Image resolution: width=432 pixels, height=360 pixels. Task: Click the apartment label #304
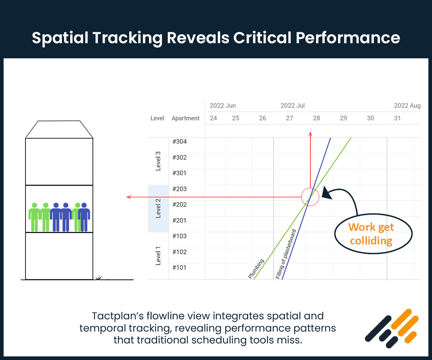coord(179,141)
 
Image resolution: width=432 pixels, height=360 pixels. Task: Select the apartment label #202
coord(179,204)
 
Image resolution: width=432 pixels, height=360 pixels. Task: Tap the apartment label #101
coord(179,267)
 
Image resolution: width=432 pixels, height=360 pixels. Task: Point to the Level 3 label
coord(158,161)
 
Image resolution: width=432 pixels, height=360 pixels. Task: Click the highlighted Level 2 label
coord(158,208)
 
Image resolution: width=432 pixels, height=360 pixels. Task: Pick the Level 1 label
coord(158,256)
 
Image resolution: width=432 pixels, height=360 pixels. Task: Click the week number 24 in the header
coord(213,118)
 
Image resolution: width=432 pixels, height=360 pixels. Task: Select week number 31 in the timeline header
coord(397,118)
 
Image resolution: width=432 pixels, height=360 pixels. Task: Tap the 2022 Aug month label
coord(407,105)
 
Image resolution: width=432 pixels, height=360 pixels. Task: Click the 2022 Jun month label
coord(223,105)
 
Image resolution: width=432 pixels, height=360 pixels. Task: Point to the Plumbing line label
coord(256,269)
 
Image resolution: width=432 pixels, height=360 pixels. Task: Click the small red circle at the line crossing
coord(310,197)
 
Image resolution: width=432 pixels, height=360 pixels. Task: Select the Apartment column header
coord(185,118)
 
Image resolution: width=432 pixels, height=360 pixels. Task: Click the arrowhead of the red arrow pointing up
coord(310,134)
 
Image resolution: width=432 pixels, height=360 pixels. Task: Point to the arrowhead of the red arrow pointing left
coord(129,197)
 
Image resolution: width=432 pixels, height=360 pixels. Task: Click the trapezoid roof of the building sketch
coord(59,129)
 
